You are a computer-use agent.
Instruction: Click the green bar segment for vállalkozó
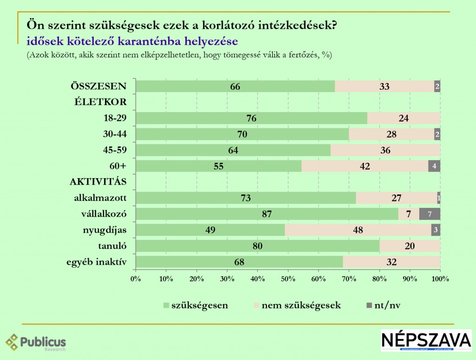[x=267, y=214]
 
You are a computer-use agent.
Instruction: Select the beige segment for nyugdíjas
[x=358, y=230]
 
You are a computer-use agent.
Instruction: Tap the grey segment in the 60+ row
[x=434, y=166]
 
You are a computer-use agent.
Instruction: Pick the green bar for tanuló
[x=258, y=246]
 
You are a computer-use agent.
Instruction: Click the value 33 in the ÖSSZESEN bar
[x=384, y=87]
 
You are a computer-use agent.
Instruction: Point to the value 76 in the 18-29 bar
[x=251, y=118]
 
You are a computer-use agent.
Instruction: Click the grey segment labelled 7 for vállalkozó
[x=430, y=214]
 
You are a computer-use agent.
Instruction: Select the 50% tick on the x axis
[x=288, y=279]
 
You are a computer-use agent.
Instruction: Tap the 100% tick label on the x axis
[x=440, y=279]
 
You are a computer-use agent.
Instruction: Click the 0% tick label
[x=136, y=279]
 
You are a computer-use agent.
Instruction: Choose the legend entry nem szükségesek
[x=301, y=306]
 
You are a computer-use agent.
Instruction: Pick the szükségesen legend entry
[x=199, y=306]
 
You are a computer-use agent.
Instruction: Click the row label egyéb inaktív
[x=97, y=262]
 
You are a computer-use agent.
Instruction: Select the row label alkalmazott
[x=100, y=198]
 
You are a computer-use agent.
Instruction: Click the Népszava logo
[x=426, y=340]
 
